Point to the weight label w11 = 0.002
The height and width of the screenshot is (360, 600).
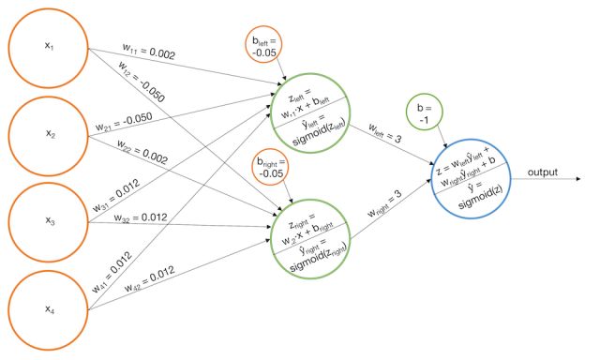click(x=149, y=52)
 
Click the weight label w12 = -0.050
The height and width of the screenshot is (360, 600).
click(x=142, y=82)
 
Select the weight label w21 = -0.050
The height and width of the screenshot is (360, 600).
click(x=124, y=122)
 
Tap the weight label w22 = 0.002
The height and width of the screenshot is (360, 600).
click(x=142, y=152)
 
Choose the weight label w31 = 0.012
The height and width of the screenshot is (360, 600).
click(x=116, y=196)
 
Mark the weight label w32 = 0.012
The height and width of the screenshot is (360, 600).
click(x=141, y=217)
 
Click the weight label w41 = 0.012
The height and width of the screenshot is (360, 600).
click(x=112, y=273)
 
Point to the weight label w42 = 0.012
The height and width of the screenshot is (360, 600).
click(x=150, y=278)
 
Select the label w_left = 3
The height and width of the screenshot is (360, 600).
click(x=385, y=133)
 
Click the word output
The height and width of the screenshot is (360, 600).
click(x=543, y=172)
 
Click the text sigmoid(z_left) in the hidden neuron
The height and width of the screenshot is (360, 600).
click(x=319, y=132)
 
